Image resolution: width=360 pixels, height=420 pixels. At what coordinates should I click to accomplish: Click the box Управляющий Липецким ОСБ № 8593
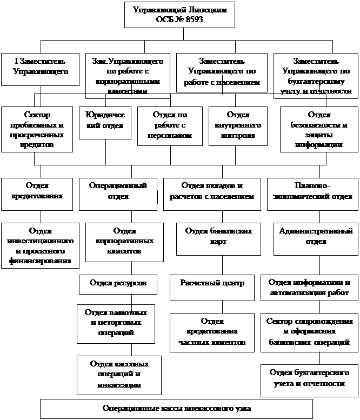(x=180, y=15)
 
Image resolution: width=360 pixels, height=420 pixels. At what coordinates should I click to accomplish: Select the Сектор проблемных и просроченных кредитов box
(x=37, y=130)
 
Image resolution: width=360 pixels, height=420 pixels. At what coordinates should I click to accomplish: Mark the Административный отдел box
(x=316, y=236)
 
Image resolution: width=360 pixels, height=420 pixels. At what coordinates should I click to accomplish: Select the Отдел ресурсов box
(x=118, y=283)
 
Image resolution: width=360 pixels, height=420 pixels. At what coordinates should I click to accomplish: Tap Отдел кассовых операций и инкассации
(x=116, y=374)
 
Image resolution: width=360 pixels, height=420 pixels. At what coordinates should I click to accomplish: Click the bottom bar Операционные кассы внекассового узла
(x=177, y=408)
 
